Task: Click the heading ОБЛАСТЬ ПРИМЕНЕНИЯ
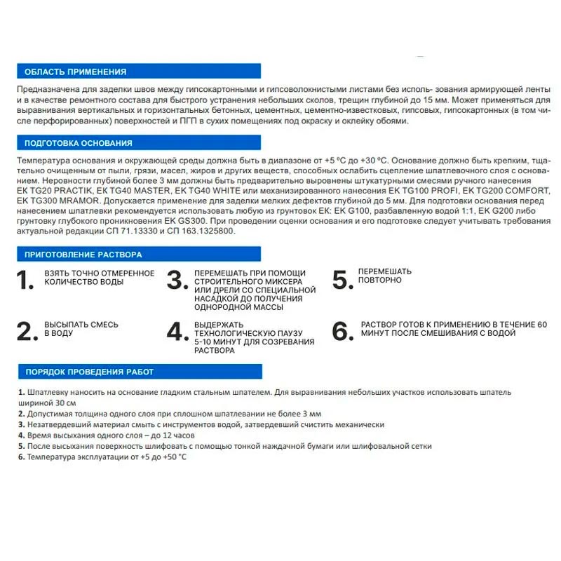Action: click(x=75, y=72)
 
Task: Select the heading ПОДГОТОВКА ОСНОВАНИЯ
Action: click(x=78, y=144)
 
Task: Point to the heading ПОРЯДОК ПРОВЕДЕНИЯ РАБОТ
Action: click(x=89, y=372)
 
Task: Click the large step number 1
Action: click(x=25, y=280)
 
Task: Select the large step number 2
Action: click(x=26, y=331)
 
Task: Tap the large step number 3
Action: click(x=175, y=280)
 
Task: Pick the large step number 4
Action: click(x=175, y=332)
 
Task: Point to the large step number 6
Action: click(x=342, y=331)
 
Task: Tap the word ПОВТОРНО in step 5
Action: click(x=380, y=280)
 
